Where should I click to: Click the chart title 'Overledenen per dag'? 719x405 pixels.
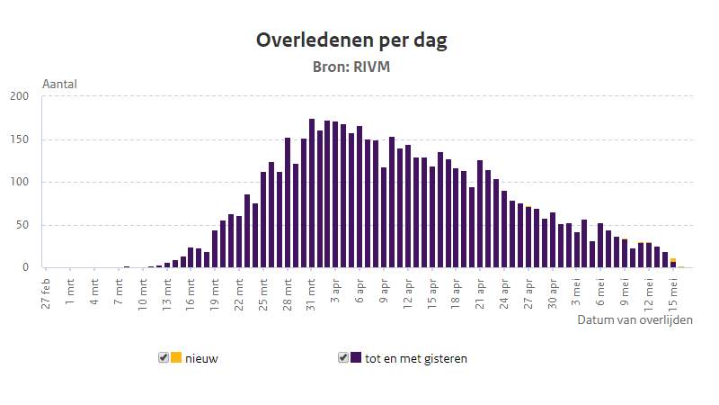[x=351, y=40]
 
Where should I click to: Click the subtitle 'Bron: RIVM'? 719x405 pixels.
[x=351, y=67]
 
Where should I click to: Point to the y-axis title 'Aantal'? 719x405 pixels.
[x=59, y=84]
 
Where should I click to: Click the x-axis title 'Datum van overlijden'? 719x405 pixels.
[x=635, y=319]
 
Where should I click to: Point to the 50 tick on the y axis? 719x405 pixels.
[x=23, y=225]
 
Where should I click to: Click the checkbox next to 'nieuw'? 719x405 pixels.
[x=164, y=357]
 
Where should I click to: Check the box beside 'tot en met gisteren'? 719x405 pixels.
[x=343, y=357]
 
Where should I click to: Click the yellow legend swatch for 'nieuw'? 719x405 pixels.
[x=176, y=357]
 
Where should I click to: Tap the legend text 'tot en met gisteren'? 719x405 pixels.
[x=415, y=358]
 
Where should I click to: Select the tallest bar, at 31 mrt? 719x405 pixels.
[x=312, y=193]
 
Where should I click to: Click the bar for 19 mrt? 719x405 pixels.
[x=215, y=249]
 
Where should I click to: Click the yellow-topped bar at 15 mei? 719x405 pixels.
[x=673, y=263]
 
